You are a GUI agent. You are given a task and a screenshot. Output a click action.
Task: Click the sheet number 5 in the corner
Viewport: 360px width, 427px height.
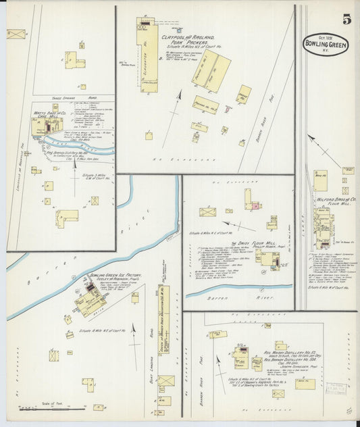[346, 20]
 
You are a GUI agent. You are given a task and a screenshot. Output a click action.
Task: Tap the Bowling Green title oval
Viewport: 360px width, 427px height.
[326, 44]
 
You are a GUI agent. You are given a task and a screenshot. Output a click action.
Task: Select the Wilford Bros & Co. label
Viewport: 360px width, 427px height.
[336, 201]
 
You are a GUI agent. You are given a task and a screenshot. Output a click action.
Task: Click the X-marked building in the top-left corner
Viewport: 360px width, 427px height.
[16, 34]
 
